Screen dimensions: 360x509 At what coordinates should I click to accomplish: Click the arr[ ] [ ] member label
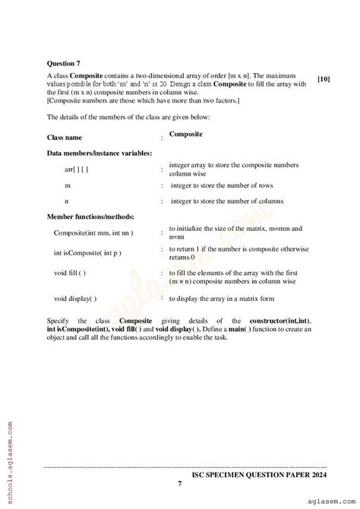pyautogui.click(x=77, y=169)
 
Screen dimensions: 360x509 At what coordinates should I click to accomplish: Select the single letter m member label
pyautogui.click(x=68, y=185)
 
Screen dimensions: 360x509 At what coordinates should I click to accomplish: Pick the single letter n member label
pyautogui.click(x=67, y=201)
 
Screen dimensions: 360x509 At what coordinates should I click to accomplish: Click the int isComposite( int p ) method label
pyautogui.click(x=87, y=252)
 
